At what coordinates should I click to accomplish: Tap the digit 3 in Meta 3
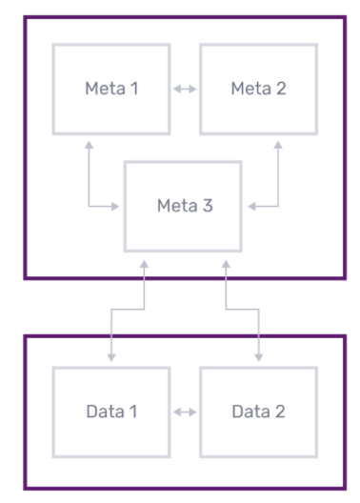pyautogui.click(x=209, y=205)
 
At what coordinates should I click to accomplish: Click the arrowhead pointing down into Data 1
pyautogui.click(x=111, y=357)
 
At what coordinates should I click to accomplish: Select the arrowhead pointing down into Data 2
pyautogui.click(x=257, y=357)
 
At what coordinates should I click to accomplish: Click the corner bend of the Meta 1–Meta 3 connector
pyautogui.click(x=88, y=205)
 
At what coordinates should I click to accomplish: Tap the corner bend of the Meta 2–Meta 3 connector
pyautogui.click(x=278, y=205)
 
